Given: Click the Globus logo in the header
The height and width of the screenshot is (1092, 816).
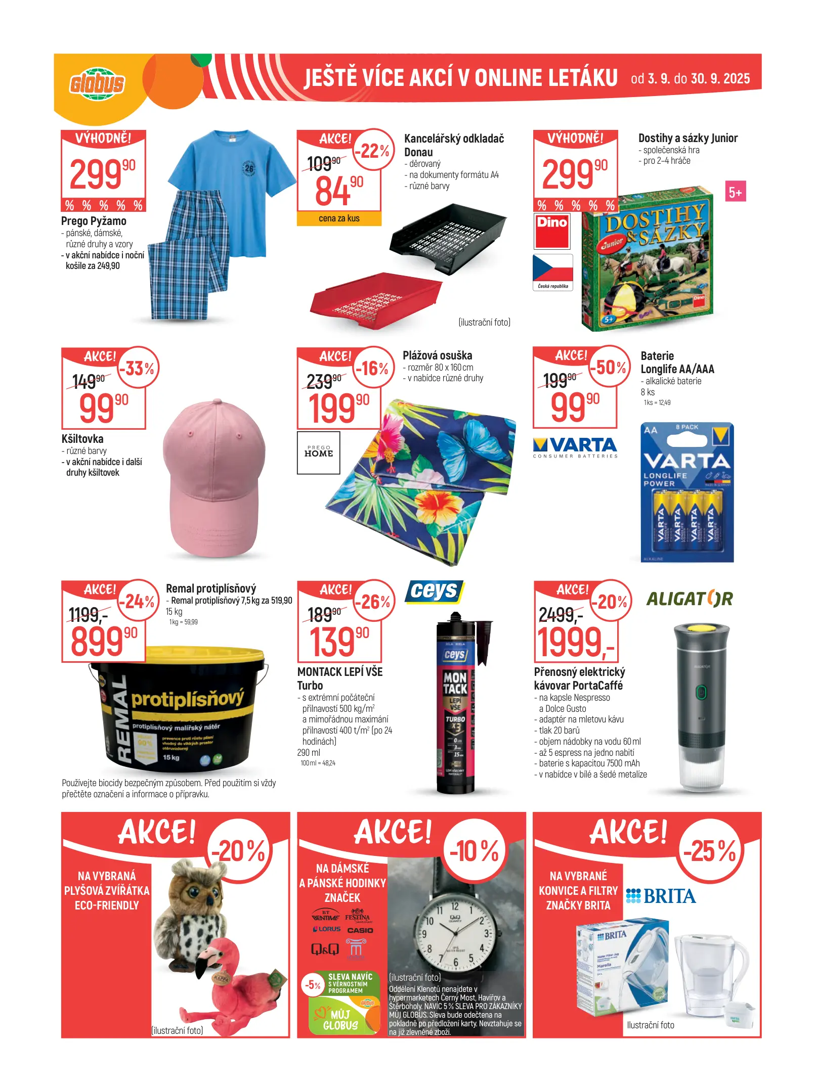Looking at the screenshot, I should (x=97, y=83).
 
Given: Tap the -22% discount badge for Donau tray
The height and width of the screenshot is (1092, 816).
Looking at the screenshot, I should (x=374, y=150).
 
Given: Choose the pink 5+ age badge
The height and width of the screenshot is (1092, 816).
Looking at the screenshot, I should (x=735, y=192).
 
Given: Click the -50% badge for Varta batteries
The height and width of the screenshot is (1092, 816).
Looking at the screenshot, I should (x=610, y=368).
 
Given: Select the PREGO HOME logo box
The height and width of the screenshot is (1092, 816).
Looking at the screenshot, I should (x=318, y=452).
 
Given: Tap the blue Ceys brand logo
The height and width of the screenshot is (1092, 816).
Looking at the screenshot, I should (x=434, y=591).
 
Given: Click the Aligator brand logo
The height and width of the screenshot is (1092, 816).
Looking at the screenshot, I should (x=689, y=599).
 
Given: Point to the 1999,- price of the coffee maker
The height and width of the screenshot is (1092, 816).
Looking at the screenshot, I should (x=576, y=642).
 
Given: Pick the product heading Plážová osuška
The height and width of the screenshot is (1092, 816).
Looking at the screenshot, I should (x=437, y=355).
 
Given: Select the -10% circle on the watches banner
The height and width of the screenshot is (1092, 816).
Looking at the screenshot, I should (x=475, y=851).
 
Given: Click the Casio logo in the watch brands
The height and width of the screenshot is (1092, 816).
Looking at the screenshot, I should (x=360, y=930).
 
